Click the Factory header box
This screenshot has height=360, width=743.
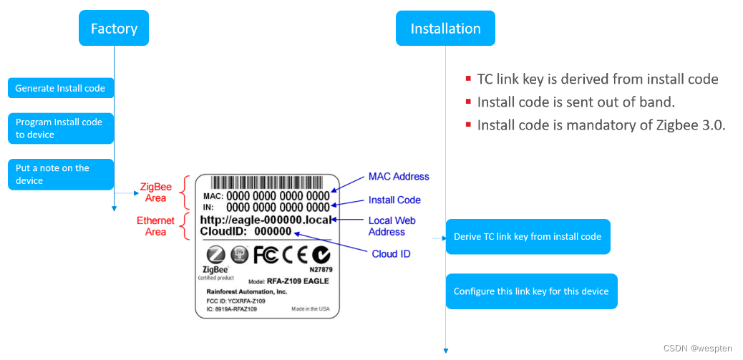tap(114, 29)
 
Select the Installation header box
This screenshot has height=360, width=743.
tap(445, 29)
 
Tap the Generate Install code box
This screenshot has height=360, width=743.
tap(61, 88)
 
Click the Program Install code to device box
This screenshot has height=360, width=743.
tap(61, 128)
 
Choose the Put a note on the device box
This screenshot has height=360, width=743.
tap(61, 174)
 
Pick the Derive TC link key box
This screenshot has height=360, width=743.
tap(528, 236)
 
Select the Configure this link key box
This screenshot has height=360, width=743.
tap(531, 291)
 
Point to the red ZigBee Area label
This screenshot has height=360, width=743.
tap(155, 193)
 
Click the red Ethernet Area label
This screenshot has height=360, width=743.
tap(155, 226)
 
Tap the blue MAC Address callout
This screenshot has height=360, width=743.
tap(399, 177)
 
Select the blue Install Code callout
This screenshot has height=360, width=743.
tap(394, 200)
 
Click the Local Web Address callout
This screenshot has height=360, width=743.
tap(392, 226)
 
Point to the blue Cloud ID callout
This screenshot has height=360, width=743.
tap(391, 254)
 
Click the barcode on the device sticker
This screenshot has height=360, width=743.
tap(268, 183)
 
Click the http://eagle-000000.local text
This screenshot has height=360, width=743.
tap(266, 220)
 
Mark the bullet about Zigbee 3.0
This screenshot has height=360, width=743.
tap(601, 125)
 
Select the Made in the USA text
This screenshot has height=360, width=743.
tap(310, 309)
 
